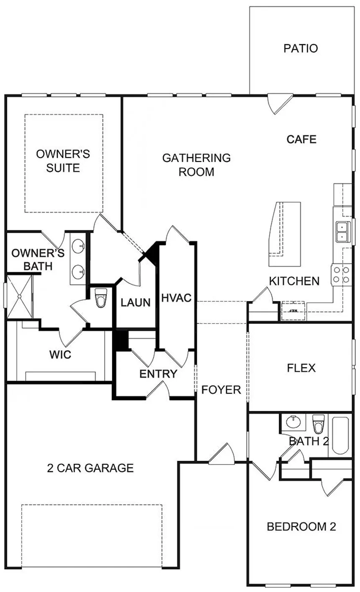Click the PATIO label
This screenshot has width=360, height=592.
[x=301, y=48]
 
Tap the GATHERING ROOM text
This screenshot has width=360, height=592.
[x=196, y=165]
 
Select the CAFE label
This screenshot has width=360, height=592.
[x=301, y=139]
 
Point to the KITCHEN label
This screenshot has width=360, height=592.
[x=294, y=281]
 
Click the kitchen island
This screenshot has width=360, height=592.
[x=285, y=234]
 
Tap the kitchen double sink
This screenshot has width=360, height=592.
[x=342, y=232]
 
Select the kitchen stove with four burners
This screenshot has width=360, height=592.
[x=341, y=275]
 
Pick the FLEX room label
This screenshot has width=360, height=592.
[x=301, y=368]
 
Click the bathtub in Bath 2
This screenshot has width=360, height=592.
[x=341, y=435]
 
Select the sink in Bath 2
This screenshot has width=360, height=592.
[x=293, y=422]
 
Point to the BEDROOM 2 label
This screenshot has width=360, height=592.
[x=301, y=526]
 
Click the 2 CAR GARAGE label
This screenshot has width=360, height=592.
[x=90, y=468]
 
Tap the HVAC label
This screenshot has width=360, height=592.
[x=176, y=298]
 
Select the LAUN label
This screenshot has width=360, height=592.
[x=136, y=302]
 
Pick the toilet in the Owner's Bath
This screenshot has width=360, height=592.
[x=101, y=298]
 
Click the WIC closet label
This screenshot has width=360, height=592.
[x=60, y=355]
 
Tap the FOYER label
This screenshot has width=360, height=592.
[x=221, y=390]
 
